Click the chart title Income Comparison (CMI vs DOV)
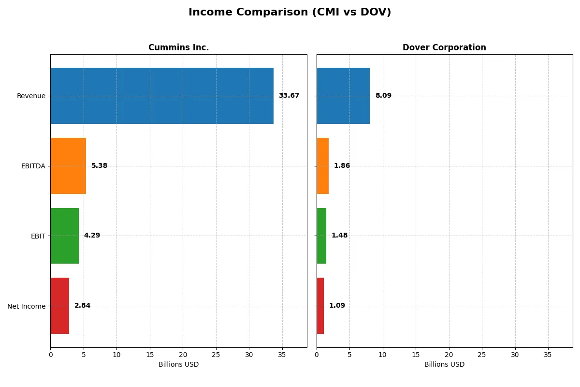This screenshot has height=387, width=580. [290, 13]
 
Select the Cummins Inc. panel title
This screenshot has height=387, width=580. [178, 47]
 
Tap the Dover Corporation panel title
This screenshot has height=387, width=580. [444, 47]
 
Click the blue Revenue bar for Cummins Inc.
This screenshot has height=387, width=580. [162, 96]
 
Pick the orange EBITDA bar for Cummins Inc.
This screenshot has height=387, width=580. [68, 166]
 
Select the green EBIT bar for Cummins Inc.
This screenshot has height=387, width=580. [64, 236]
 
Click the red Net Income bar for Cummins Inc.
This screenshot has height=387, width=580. [60, 306]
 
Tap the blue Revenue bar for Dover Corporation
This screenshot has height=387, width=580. [343, 96]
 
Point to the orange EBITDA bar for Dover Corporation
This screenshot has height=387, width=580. [323, 166]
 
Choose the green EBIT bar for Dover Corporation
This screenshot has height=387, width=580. [321, 236]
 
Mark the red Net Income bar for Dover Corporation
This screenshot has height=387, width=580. [320, 306]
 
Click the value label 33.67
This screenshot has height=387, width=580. [289, 96]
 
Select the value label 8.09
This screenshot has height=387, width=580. [383, 96]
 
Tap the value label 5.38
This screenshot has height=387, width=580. [99, 166]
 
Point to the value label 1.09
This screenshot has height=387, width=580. [337, 306]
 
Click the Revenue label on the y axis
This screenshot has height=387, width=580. [31, 96]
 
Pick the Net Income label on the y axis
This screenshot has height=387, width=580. [27, 306]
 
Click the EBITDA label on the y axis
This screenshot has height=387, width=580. [33, 166]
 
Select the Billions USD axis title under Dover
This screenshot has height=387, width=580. [444, 365]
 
